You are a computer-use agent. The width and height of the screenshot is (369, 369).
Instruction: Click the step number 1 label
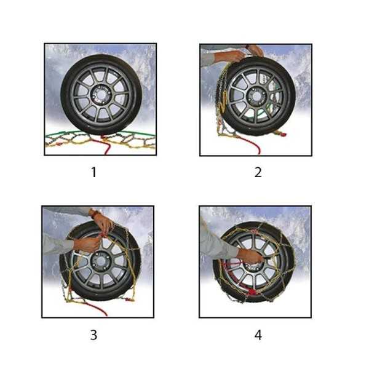point(93,172)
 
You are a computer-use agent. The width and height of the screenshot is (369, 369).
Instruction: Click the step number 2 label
point(258,172)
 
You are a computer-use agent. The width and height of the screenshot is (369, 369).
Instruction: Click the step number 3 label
point(93,335)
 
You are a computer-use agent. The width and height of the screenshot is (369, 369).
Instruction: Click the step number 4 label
point(258,335)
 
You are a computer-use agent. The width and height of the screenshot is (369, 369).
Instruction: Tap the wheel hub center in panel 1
point(101,95)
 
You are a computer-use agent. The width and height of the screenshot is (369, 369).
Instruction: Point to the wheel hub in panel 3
point(101,261)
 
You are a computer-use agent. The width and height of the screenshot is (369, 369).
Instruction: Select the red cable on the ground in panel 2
point(250,143)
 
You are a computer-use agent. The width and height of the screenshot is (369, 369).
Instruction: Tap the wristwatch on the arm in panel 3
point(95,213)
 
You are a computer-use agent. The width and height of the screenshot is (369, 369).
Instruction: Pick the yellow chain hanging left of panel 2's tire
point(222,99)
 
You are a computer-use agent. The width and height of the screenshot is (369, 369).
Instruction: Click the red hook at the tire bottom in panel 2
point(280,133)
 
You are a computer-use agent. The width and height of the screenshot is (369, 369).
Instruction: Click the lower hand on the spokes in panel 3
point(87,245)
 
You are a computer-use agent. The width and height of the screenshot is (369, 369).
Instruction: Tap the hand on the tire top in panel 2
point(255,51)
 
